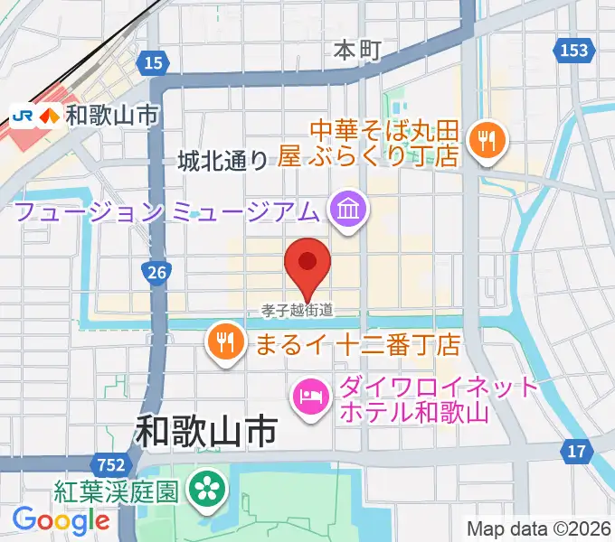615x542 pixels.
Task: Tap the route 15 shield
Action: [x=154, y=62]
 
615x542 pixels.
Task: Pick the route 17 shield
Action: [x=575, y=450]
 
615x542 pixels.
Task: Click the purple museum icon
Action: [x=346, y=211]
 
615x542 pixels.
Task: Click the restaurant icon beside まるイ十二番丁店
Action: [x=222, y=341]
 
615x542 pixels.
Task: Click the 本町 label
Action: [x=358, y=50]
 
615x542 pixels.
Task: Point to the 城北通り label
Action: [x=222, y=161]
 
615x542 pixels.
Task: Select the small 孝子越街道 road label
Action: [x=298, y=311]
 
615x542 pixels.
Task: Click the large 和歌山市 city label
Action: [x=205, y=431]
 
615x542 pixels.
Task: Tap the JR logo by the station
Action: [x=23, y=115]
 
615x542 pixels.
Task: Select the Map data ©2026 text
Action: [x=539, y=528]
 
